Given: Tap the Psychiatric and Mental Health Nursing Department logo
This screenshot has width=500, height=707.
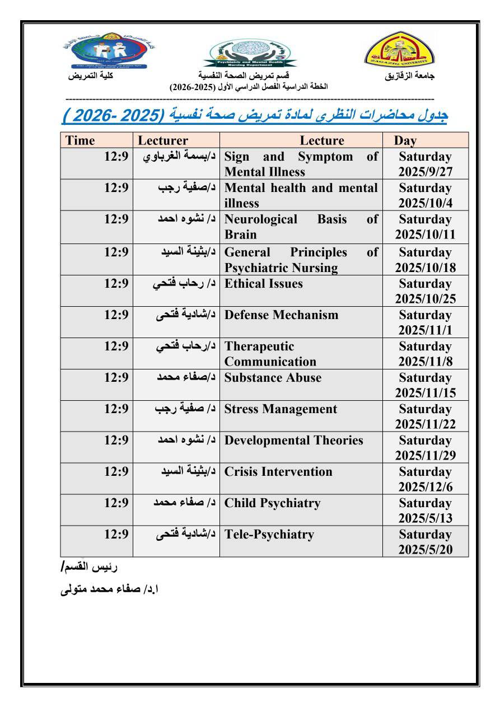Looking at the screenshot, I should click(x=250, y=55).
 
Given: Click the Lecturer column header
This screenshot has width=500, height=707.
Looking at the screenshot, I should click(x=163, y=141).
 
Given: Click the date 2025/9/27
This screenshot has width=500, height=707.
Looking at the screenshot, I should click(x=425, y=172).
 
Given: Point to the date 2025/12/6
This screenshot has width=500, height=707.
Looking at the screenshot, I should click(x=425, y=487).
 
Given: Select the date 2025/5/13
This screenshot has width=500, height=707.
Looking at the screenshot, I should click(x=425, y=518).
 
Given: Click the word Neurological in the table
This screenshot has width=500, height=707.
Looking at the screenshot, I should click(x=261, y=219).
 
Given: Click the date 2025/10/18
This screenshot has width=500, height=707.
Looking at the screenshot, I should click(x=425, y=268).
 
